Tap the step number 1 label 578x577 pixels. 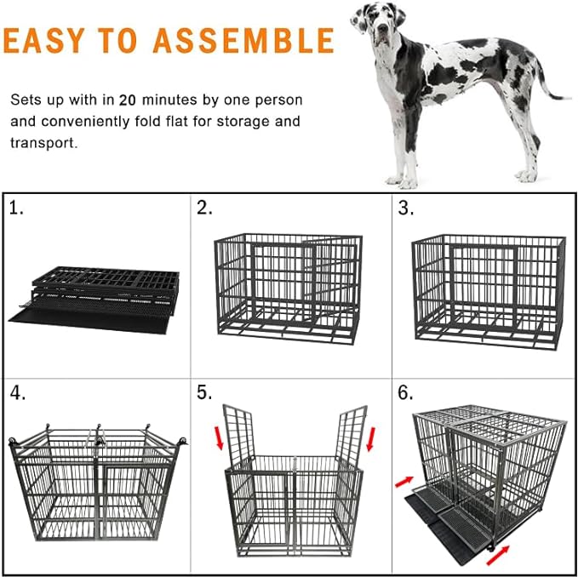pyautogui.click(x=16, y=209)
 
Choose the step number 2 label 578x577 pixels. pyautogui.click(x=204, y=209)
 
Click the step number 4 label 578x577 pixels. pyautogui.click(x=17, y=395)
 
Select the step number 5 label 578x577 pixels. pyautogui.click(x=204, y=395)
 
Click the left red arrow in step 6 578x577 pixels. pyautogui.click(x=403, y=483)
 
